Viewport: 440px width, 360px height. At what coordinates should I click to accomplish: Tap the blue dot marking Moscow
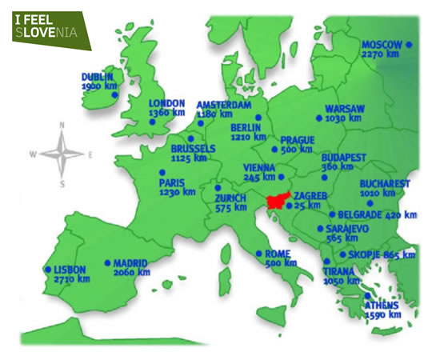[409, 46]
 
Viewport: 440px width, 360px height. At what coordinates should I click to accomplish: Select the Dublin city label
[98, 78]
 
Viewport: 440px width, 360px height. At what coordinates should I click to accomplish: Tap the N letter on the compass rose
[62, 125]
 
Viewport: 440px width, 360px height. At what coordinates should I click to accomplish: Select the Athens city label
[382, 306]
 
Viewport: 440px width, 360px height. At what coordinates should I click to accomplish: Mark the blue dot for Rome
[258, 254]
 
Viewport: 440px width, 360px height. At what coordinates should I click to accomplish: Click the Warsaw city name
[345, 108]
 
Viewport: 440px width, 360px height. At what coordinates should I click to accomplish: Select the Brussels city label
[193, 148]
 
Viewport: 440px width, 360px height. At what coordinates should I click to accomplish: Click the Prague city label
[297, 140]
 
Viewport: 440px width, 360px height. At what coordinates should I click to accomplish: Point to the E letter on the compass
[90, 154]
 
